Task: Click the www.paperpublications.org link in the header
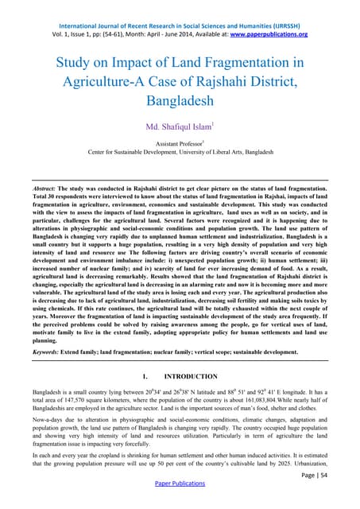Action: (269, 34)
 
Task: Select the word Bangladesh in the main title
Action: (180, 102)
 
